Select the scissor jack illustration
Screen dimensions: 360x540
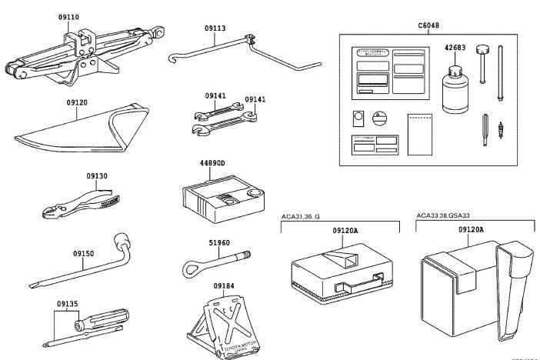[85, 54]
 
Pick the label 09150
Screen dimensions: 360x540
[84, 252]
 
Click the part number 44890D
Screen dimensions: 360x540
[212, 164]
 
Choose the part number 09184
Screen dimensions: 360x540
[224, 286]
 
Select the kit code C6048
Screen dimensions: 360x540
[428, 25]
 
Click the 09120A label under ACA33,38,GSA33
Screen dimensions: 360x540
[470, 229]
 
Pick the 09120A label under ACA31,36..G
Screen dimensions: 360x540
[348, 229]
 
